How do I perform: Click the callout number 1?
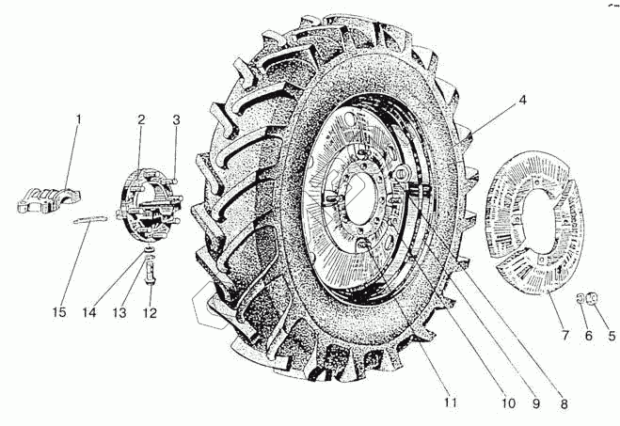(79, 119)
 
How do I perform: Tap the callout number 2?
(140, 119)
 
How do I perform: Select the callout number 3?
(175, 119)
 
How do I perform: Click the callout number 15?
(60, 312)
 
